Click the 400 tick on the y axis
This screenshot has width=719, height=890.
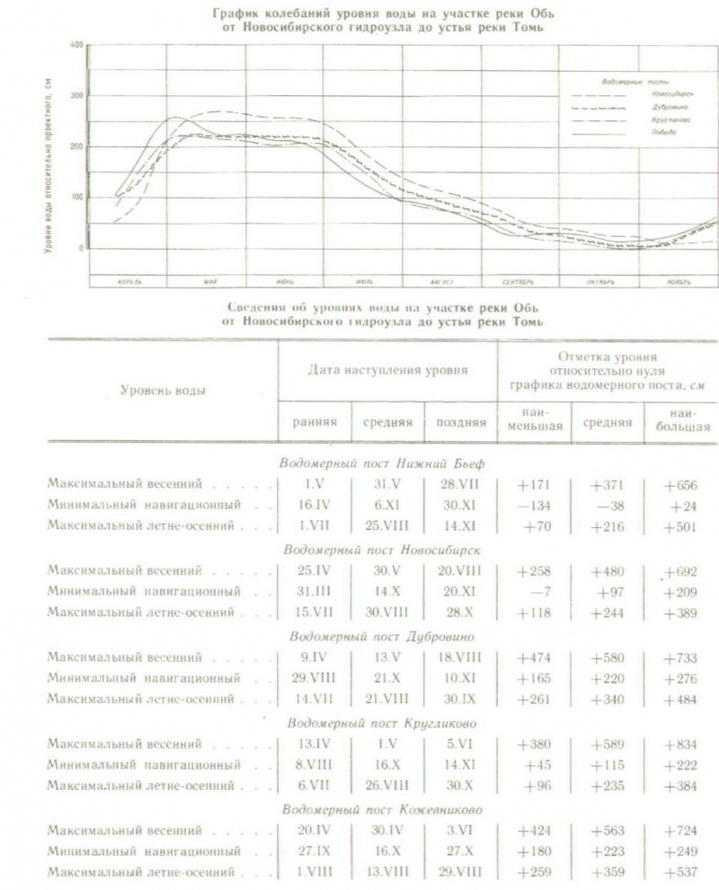point(78,45)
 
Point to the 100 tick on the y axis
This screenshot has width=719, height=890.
point(78,198)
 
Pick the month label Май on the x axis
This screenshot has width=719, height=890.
point(209,281)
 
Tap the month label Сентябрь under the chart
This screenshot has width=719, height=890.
point(519,281)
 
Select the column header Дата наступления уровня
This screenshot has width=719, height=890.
point(387,369)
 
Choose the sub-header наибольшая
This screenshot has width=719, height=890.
point(681,420)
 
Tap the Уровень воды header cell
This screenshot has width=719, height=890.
point(163,391)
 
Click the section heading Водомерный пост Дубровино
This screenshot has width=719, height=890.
point(377,636)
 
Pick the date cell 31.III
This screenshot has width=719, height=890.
point(314,592)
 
